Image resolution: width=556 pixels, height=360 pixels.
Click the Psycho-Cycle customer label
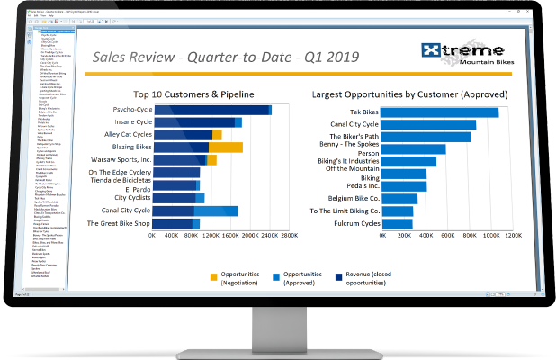tap(126, 110)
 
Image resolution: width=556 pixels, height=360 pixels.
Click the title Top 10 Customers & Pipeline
tap(193, 94)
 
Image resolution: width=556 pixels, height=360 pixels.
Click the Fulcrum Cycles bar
tap(399, 223)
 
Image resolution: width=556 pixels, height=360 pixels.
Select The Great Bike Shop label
tap(112, 223)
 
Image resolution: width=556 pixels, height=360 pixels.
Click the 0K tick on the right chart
tap(384, 236)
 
